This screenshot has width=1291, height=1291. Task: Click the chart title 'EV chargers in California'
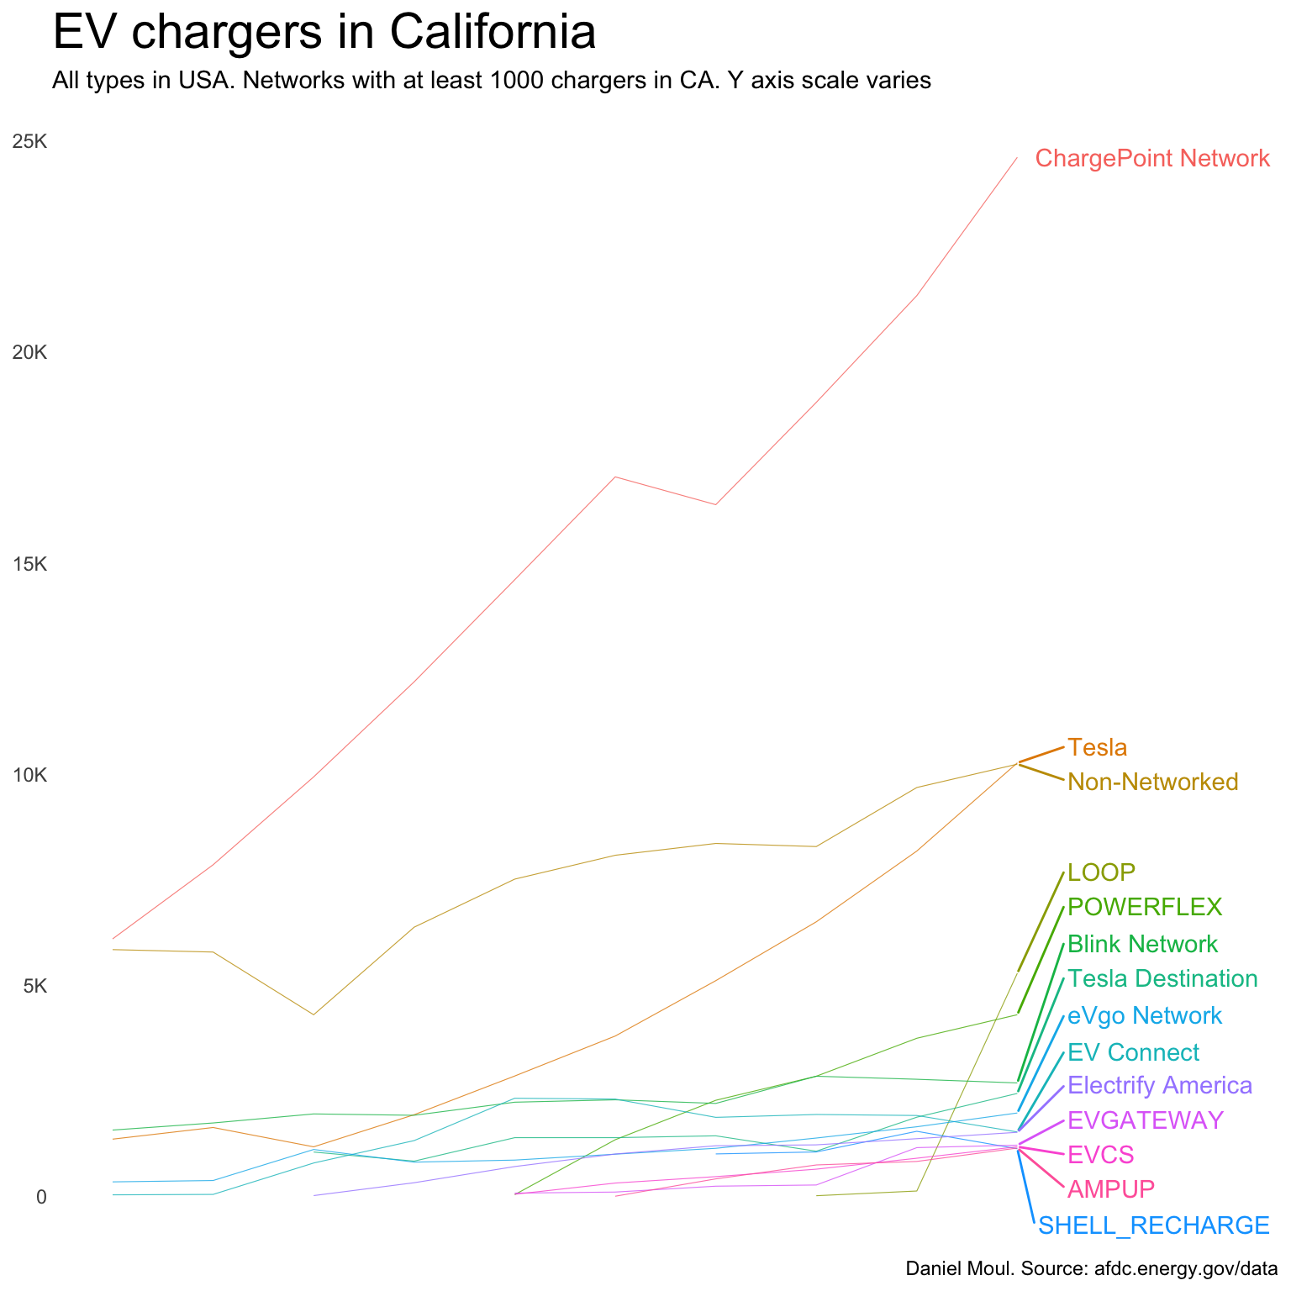coord(324,34)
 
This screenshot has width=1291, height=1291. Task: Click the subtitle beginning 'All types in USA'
coord(491,81)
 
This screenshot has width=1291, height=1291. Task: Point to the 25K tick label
coord(29,142)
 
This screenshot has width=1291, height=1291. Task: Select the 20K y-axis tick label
coord(29,353)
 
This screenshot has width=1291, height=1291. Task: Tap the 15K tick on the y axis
coord(29,564)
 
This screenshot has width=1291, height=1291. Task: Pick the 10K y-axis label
coord(29,775)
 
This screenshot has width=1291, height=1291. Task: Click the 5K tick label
coord(34,986)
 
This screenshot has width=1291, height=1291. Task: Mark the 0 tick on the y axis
coord(41,1197)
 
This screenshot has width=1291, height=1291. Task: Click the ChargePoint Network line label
coord(1152,158)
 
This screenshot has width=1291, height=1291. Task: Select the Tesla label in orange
coord(1097,747)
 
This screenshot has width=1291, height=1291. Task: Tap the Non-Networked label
coord(1152,783)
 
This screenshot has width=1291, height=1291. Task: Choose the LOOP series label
coord(1101,872)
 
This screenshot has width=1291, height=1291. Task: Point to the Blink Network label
coord(1142,944)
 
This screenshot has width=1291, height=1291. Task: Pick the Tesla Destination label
coord(1162,979)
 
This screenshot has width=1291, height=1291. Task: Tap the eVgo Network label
coord(1144,1016)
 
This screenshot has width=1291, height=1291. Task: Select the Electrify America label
coord(1160,1085)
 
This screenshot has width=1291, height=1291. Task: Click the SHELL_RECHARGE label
coord(1153,1225)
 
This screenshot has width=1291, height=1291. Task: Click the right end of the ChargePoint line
coord(1017,158)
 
